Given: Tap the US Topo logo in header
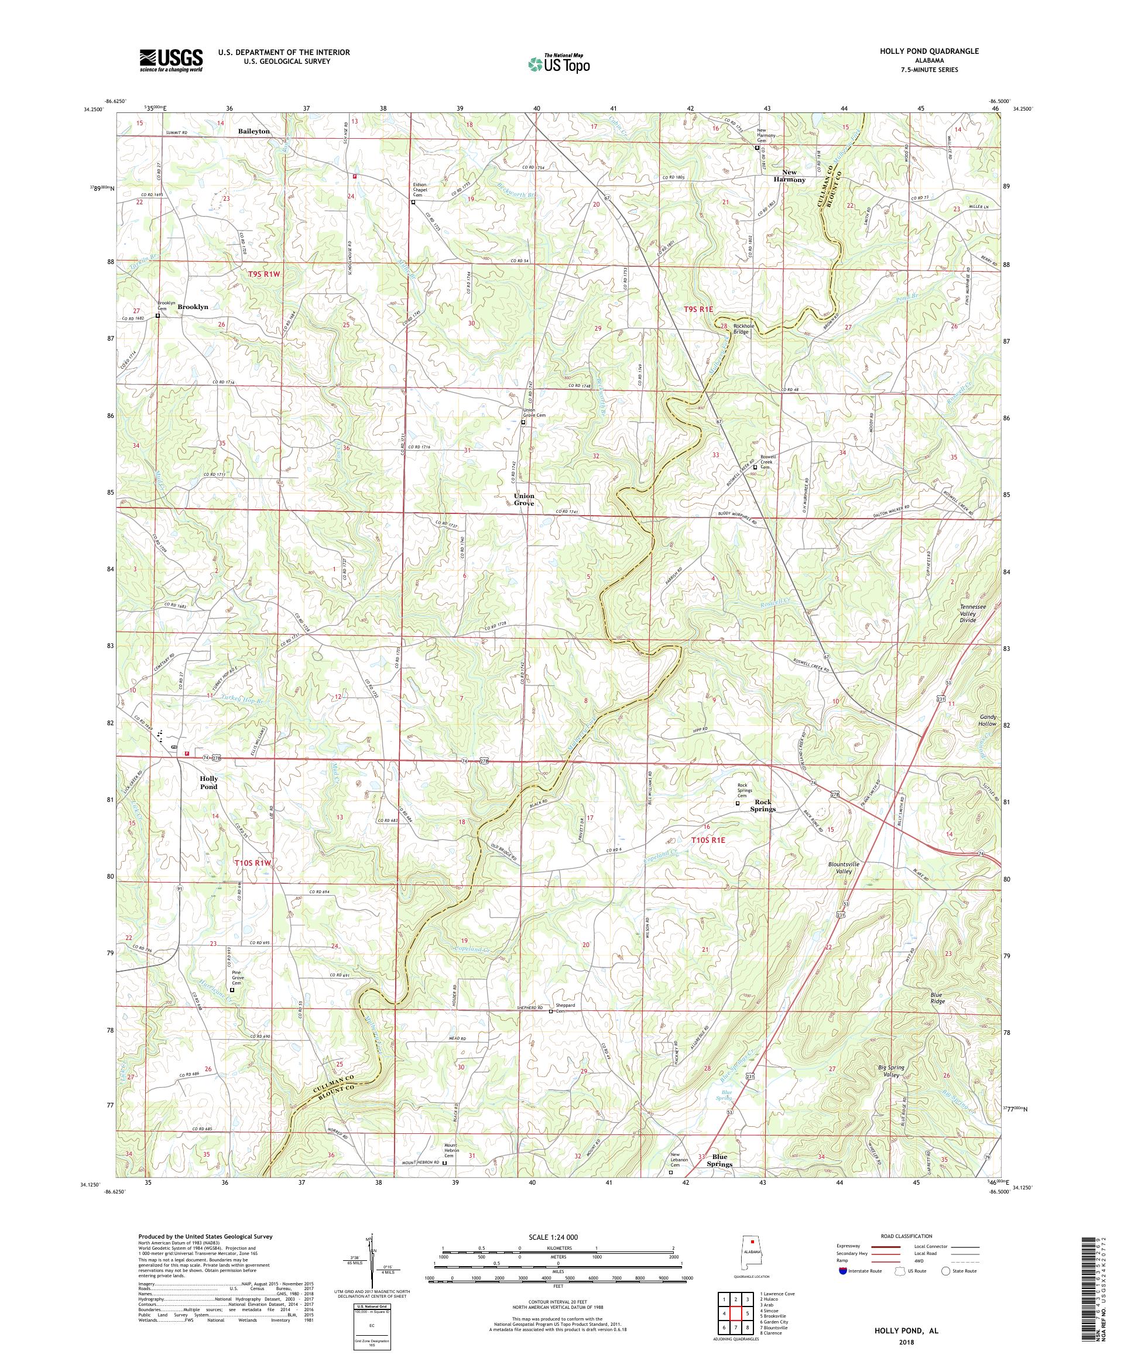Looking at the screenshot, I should click(560, 63).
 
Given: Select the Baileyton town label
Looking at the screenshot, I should click(253, 131).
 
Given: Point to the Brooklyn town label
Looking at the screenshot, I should click(193, 307).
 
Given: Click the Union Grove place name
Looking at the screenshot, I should click(524, 499).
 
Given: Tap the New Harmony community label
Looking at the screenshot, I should click(793, 176).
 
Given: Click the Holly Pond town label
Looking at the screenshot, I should click(208, 783).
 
